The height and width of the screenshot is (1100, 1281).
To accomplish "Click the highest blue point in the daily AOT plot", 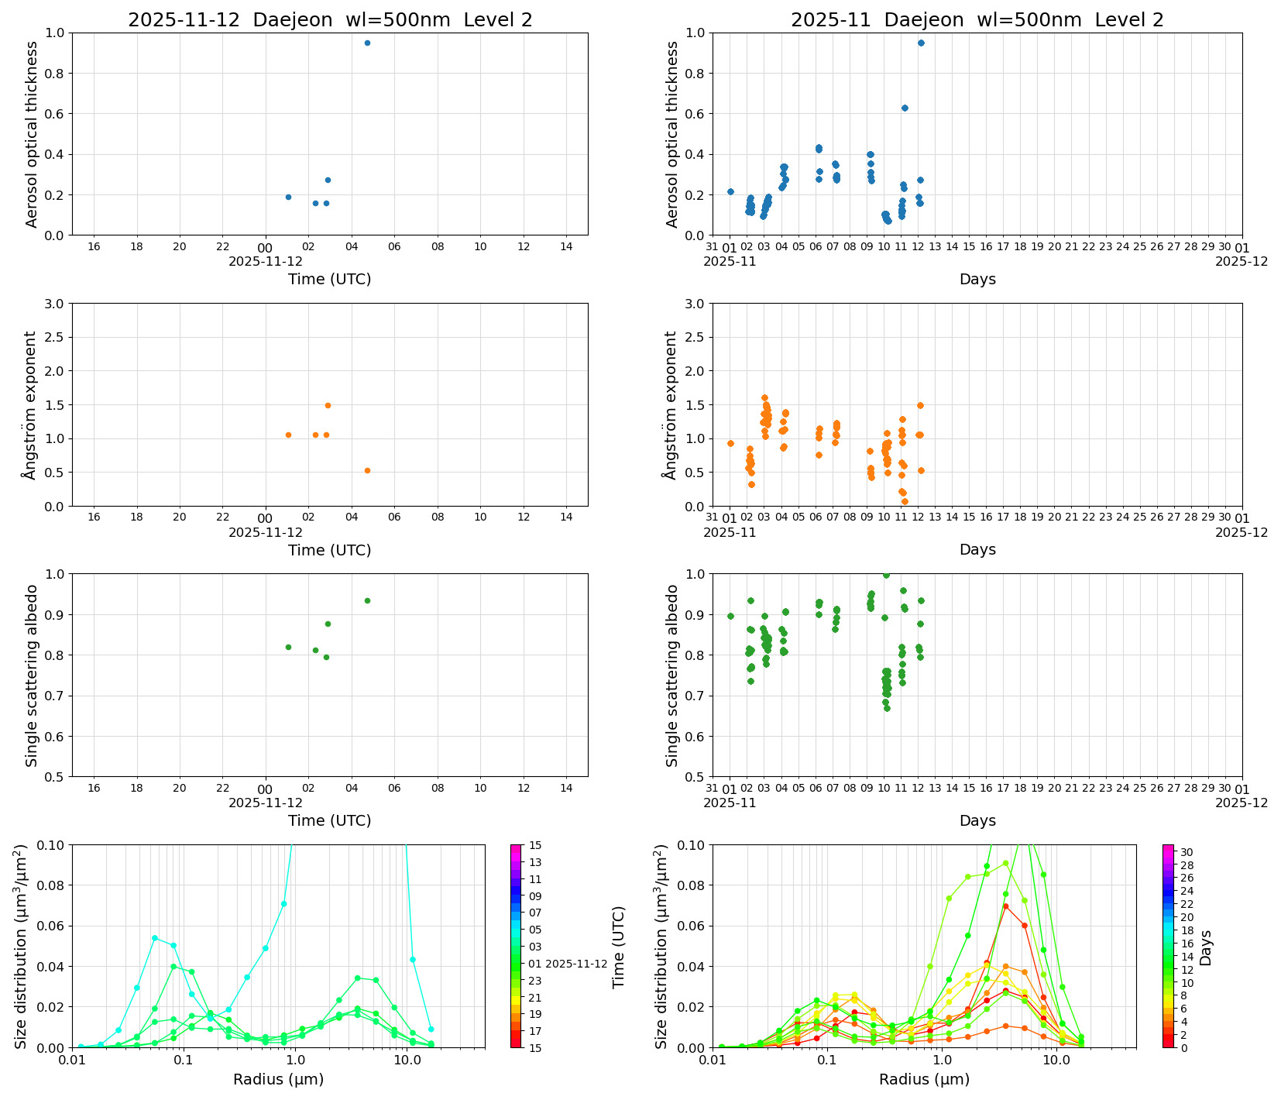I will (x=367, y=43).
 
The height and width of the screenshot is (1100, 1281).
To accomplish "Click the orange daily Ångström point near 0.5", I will (x=367, y=470).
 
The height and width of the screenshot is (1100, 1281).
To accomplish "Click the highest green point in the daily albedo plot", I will (x=367, y=600).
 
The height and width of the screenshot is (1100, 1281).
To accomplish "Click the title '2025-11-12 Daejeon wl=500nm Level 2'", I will (x=330, y=20).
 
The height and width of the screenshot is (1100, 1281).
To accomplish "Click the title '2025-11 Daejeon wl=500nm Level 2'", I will (x=977, y=20).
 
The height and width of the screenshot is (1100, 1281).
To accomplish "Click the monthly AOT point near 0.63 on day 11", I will (x=905, y=108).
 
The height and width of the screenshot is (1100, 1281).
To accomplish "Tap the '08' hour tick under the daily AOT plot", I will (x=438, y=246).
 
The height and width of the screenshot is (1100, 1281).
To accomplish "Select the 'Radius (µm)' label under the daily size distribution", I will (x=278, y=1079).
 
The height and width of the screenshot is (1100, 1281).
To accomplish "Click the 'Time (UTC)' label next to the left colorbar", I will (x=618, y=947).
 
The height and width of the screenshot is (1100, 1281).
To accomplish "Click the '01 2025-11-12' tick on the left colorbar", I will (x=568, y=964).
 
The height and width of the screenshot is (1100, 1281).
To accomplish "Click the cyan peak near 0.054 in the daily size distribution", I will (x=155, y=938).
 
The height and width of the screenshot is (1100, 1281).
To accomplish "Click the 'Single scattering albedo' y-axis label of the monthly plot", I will (x=672, y=675).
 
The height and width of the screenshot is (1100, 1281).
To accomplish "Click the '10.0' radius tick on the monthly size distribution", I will (x=1056, y=1059).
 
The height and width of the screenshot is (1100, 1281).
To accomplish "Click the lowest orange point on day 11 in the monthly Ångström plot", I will (x=905, y=501).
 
